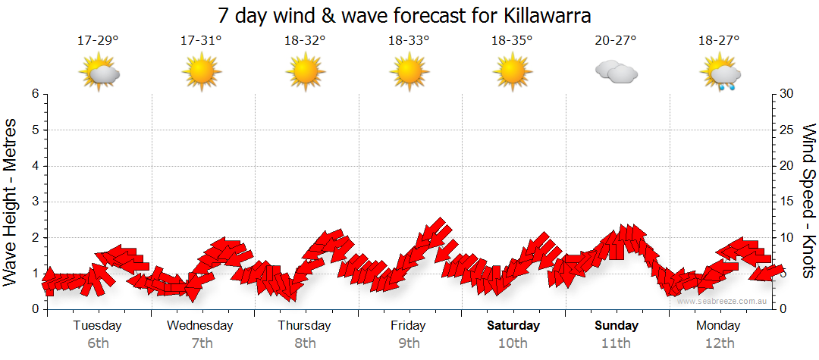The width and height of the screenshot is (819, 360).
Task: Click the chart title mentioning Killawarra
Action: (404, 16)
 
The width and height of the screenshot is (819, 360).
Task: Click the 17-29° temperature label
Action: (98, 41)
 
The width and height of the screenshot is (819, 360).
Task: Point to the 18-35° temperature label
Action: (512, 41)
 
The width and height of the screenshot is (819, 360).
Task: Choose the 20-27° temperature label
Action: (616, 41)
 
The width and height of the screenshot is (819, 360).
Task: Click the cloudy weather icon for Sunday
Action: (616, 73)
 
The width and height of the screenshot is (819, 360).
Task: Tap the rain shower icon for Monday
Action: (720, 74)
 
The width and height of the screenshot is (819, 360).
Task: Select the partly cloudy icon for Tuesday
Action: (99, 74)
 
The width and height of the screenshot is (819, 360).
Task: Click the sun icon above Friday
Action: (409, 74)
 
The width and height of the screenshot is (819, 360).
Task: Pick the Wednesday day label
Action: (200, 326)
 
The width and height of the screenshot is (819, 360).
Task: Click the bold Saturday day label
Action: (513, 326)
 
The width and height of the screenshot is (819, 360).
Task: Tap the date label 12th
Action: (720, 343)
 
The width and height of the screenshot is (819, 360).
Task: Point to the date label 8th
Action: (305, 343)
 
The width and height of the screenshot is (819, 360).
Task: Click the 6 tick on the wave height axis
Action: (34, 94)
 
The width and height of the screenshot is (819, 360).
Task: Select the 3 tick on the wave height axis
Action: (34, 202)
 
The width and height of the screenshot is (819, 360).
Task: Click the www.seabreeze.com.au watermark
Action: (723, 302)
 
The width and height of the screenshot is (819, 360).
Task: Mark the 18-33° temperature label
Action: (409, 41)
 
